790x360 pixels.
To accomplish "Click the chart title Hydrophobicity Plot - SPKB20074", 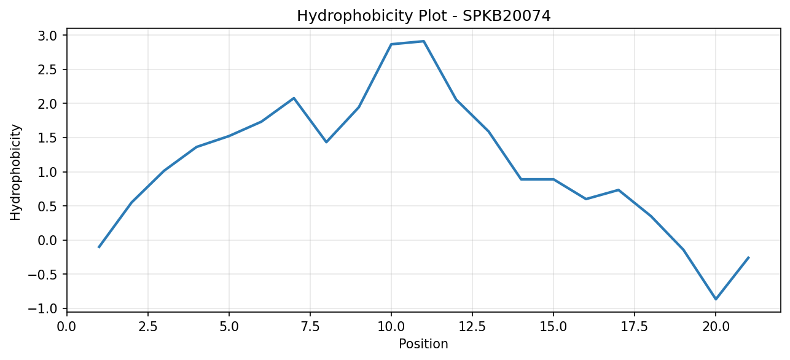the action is [x=424, y=16].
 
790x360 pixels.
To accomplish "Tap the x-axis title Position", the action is [x=423, y=344].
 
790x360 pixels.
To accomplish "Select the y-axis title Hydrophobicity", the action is [x=15, y=173].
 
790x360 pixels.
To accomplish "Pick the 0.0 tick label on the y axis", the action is [x=47, y=240].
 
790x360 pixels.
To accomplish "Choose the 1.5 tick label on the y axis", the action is [x=47, y=138].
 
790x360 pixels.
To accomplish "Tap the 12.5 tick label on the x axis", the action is [x=472, y=327].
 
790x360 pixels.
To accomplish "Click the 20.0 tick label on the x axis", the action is [x=716, y=327].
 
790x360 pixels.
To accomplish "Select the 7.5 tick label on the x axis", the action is [x=310, y=327].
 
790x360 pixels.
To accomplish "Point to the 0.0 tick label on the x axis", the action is [x=67, y=327].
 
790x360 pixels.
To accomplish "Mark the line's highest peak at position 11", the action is [x=424, y=41].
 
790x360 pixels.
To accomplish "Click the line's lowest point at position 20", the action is [x=716, y=299].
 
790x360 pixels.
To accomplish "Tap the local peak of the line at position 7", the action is [x=294, y=98].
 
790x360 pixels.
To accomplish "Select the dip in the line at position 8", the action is [x=326, y=142].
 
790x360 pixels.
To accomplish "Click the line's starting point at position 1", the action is [x=99, y=247].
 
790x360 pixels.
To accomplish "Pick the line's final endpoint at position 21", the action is [x=748, y=258].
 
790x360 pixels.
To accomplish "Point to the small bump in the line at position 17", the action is [x=618, y=190].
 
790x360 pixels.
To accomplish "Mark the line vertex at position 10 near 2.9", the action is [x=391, y=44].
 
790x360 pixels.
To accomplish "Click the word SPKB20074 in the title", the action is [x=506, y=16].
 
